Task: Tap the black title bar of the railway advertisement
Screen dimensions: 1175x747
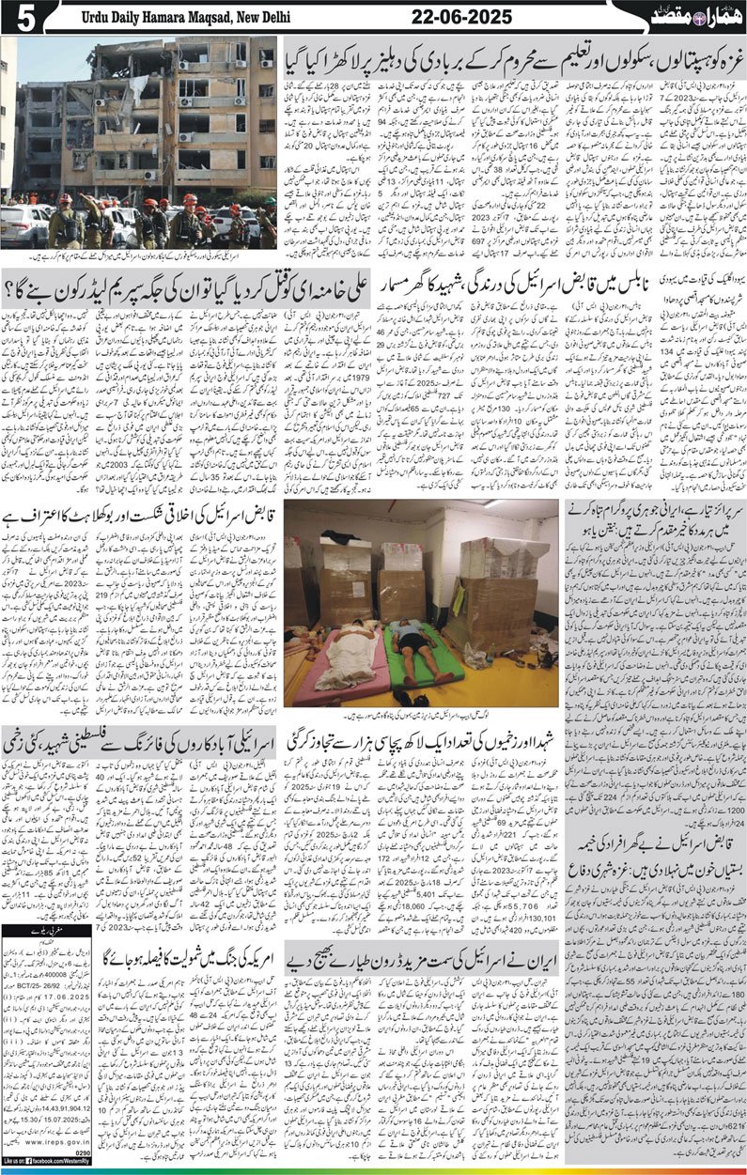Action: click(x=47, y=935)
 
